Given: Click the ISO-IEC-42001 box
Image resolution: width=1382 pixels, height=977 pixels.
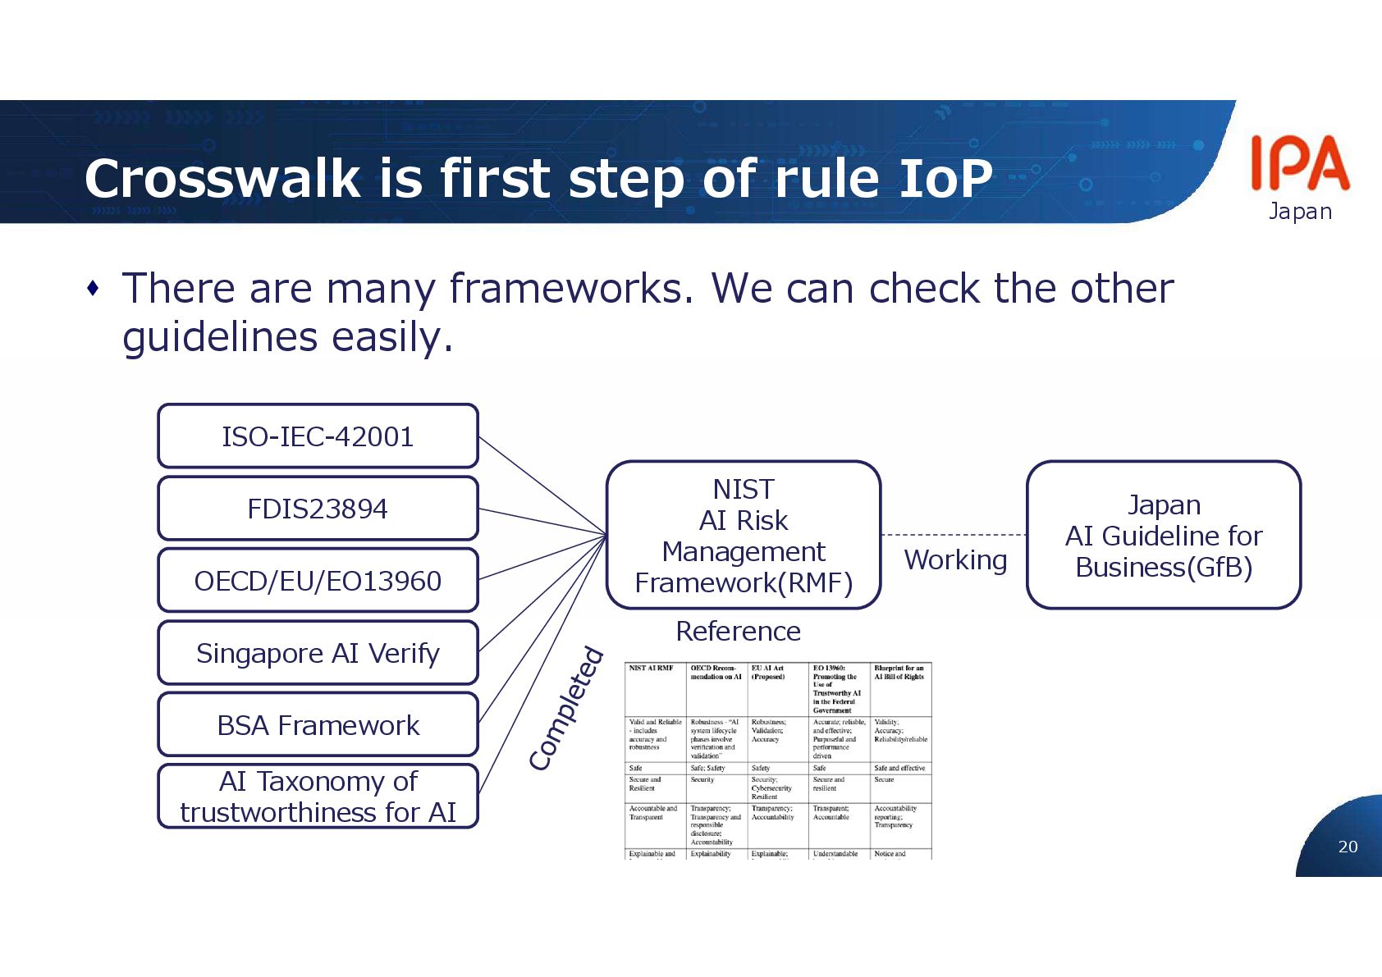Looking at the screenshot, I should [318, 436].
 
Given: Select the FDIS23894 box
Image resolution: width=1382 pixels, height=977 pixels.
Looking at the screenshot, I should [318, 509].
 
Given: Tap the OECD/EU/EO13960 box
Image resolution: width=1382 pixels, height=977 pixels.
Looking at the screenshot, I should [318, 581].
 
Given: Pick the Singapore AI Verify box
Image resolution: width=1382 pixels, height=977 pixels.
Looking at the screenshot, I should [318, 653].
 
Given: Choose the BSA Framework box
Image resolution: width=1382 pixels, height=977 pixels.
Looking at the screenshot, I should [318, 725].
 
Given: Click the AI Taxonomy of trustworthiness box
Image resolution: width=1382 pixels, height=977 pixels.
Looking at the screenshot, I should [318, 797].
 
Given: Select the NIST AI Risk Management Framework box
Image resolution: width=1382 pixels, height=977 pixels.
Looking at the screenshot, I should [744, 535].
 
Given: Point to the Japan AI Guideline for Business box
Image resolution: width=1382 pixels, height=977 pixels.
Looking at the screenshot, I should [1164, 535].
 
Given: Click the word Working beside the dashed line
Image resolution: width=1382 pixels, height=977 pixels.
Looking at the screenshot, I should [955, 559].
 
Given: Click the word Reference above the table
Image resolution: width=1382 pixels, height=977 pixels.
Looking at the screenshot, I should [738, 631].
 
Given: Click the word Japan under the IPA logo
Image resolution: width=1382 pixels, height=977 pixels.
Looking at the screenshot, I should [1300, 211].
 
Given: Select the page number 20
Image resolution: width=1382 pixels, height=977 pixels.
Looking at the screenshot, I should [1348, 847].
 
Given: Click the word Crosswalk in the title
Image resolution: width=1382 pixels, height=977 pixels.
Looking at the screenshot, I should [222, 178].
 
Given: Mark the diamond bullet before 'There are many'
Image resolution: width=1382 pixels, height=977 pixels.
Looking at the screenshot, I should [94, 288].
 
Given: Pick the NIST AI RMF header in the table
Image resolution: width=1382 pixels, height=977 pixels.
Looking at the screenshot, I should [651, 669].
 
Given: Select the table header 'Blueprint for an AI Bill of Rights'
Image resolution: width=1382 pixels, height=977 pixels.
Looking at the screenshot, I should [899, 673].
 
